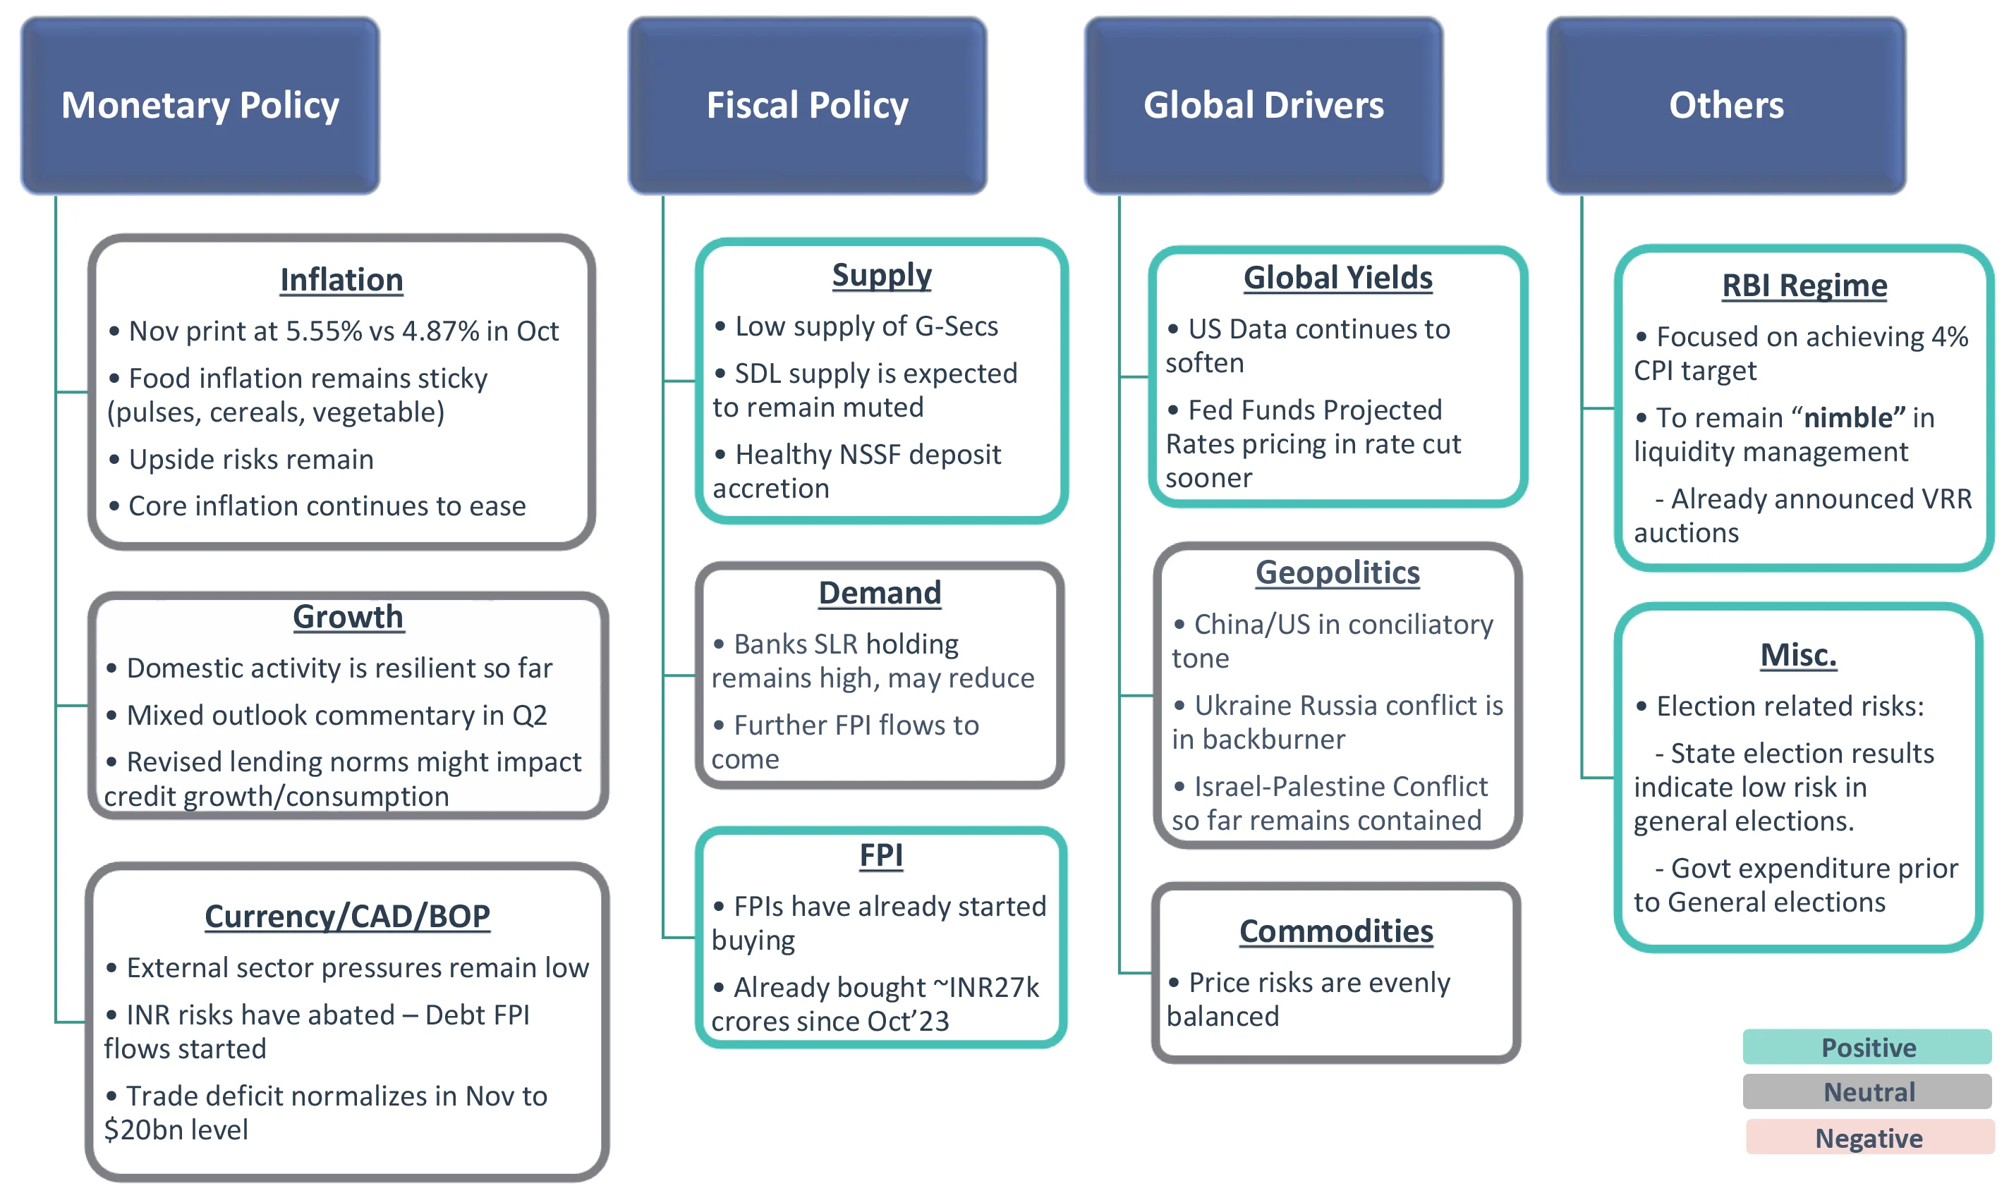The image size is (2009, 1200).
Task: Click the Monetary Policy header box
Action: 200,105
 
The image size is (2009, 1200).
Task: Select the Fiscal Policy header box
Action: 807,105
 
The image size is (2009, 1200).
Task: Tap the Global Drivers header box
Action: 1263,105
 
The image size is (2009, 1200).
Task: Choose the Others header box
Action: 1726,105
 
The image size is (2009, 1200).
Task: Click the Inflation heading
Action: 341,280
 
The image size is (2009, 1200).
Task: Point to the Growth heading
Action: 348,616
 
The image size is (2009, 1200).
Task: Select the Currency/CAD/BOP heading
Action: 347,916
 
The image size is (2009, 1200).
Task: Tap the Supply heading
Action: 882,275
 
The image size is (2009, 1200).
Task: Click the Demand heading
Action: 880,593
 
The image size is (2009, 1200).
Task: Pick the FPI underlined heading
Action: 881,855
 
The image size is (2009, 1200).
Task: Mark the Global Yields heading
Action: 1337,277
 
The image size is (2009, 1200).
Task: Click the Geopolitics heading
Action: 1337,573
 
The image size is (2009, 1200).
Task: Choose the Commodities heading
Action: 1336,931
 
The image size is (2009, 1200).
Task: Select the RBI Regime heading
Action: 1804,286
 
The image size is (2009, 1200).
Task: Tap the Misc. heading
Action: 1798,654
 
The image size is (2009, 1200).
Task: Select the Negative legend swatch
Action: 1869,1138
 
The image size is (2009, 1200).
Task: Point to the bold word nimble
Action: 1848,417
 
